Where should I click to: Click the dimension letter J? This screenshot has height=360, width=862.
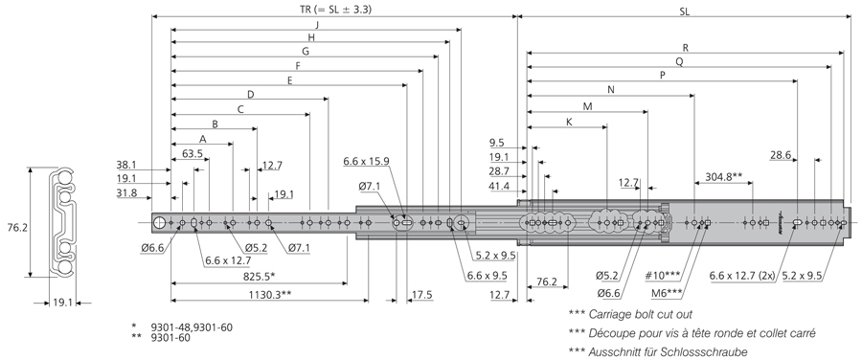tap(317, 24)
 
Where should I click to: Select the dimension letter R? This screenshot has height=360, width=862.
tap(686, 48)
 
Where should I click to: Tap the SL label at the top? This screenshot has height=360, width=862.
tap(685, 10)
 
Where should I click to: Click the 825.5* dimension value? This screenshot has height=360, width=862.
tap(258, 276)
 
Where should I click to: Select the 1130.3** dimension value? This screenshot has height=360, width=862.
tap(269, 294)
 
